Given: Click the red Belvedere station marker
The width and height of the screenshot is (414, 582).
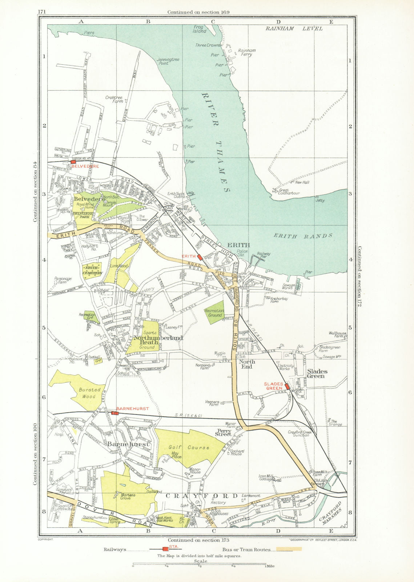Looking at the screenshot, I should click(73, 162).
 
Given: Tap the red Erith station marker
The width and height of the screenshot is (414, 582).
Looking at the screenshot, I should click(200, 257).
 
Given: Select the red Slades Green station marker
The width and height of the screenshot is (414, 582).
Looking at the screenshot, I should click(287, 386).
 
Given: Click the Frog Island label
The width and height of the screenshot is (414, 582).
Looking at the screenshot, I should click(200, 29).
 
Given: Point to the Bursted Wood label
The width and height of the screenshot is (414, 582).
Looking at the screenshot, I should click(89, 393).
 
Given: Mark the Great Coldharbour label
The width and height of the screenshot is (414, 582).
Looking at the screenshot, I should click(289, 192).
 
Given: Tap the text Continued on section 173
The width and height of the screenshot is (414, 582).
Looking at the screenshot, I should click(198, 540).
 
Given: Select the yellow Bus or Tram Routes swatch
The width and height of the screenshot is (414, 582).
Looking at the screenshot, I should click(289, 549).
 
